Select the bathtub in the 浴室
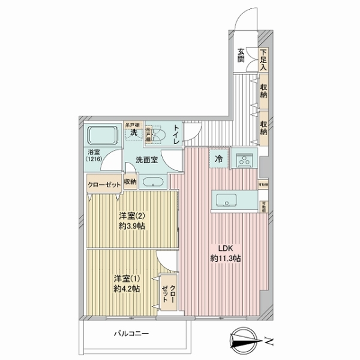coord(103,136)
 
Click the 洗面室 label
coord(146,160)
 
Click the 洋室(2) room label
coord(132,216)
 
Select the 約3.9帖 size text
coord(132,227)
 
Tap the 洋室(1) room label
coord(127,278)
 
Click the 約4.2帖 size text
coord(127,289)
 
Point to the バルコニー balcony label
coord(131,334)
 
